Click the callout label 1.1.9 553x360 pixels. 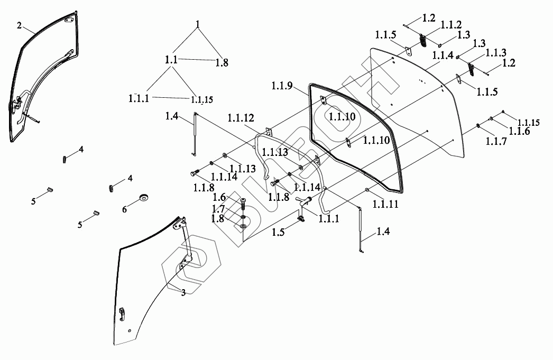[x=282, y=86]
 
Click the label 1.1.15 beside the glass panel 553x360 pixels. [x=528, y=123]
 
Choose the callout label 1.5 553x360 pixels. [x=279, y=232]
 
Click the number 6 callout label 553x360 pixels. [x=125, y=209]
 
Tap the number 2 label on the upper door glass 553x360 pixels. [x=20, y=25]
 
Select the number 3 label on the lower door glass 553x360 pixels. [x=183, y=292]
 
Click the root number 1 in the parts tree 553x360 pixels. [x=198, y=24]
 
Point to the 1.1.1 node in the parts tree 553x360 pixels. [x=139, y=98]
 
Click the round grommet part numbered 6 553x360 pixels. [x=143, y=198]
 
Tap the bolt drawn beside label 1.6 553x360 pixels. [x=243, y=202]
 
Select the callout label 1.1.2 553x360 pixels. [x=451, y=24]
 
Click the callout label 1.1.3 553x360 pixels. [x=496, y=53]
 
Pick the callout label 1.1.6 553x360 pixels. [x=519, y=132]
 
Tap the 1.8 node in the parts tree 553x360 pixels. [x=222, y=62]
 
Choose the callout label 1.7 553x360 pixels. [x=218, y=208]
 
